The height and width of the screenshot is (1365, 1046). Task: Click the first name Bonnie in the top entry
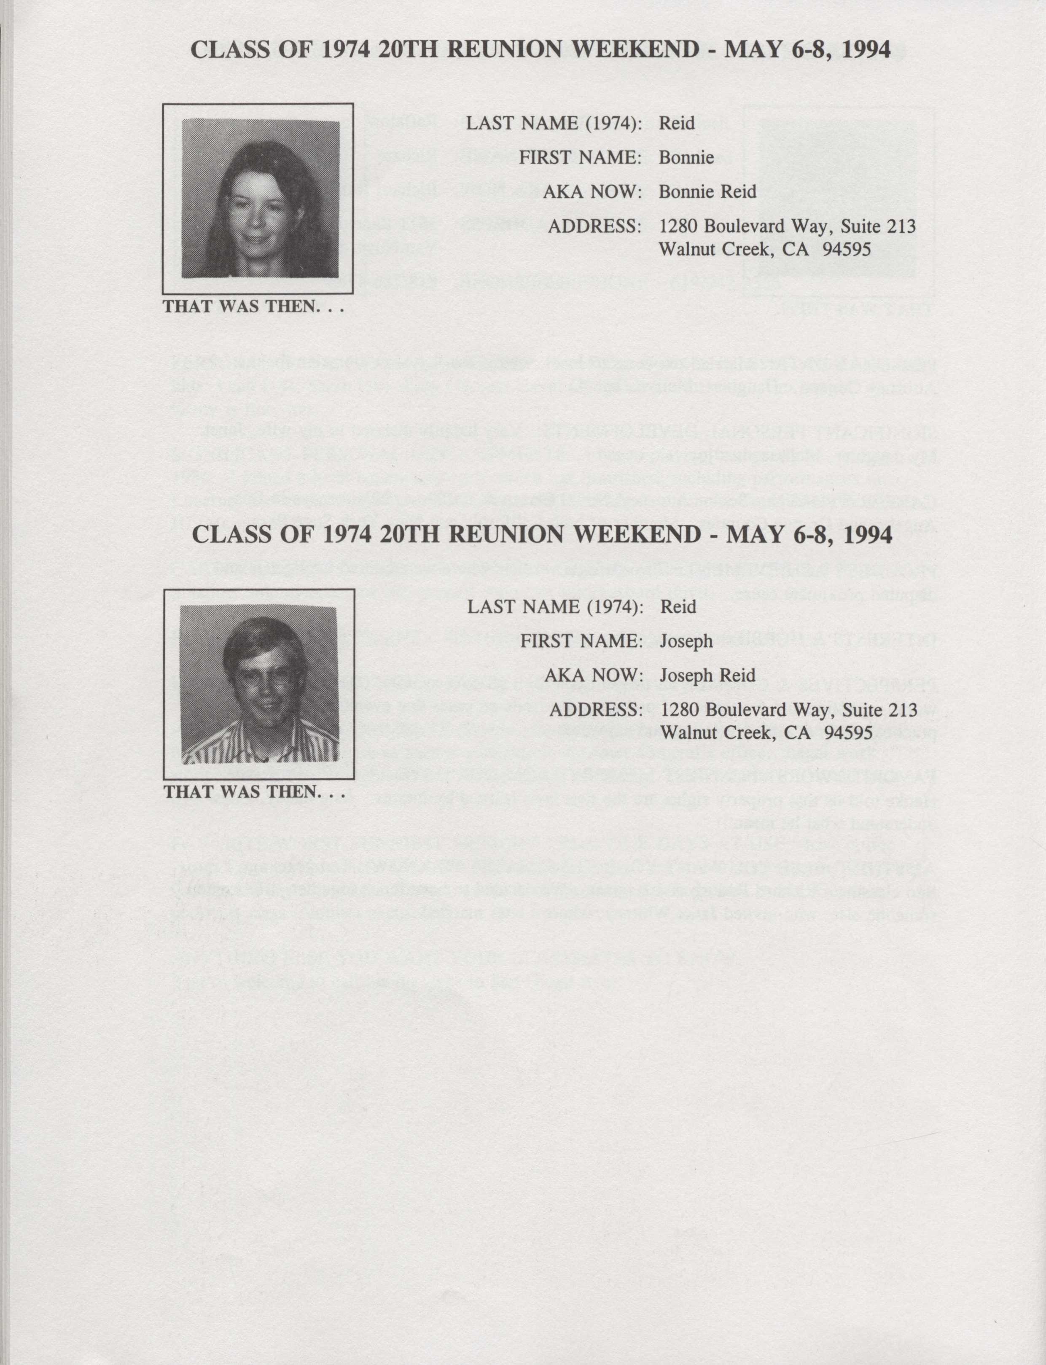click(686, 158)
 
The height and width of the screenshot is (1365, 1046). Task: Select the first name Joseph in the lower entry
click(686, 641)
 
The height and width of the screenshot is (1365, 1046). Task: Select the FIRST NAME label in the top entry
click(580, 158)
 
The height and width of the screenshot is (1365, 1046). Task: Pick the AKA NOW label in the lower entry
click(593, 676)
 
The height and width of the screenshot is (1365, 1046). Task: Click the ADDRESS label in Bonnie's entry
click(594, 226)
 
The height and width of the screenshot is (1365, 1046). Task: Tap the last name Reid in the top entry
click(677, 123)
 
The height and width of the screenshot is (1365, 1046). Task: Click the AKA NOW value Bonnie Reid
click(707, 192)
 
